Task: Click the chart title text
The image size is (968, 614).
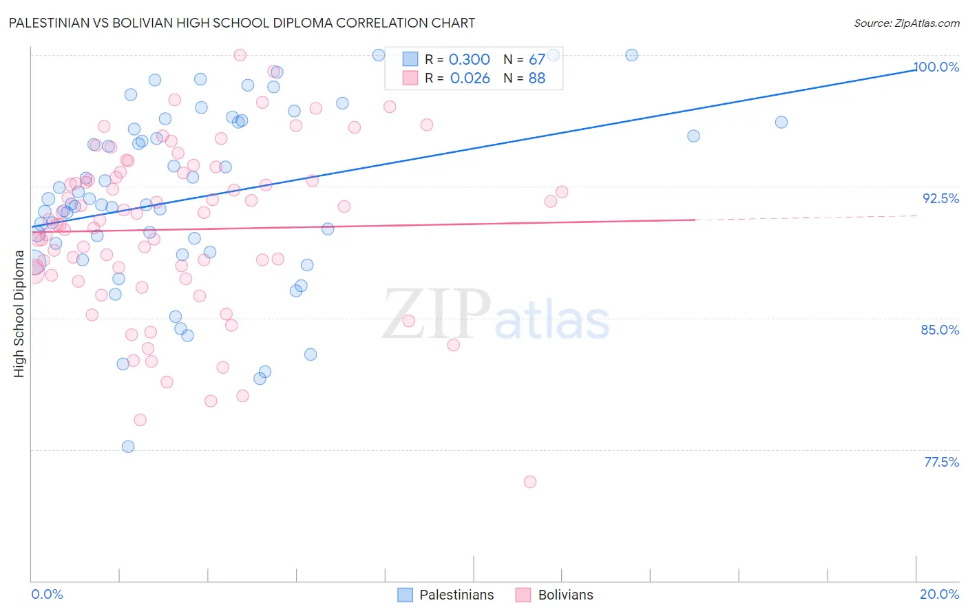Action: coord(242,23)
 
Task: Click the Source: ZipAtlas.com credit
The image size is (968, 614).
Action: coord(906,23)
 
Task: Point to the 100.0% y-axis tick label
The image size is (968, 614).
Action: coord(936,67)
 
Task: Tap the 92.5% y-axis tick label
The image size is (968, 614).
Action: coord(940,198)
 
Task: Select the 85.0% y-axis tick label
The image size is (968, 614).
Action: coord(940,330)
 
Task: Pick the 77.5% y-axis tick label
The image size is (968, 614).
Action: coord(941,462)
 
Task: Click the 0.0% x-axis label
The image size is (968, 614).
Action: coord(47,594)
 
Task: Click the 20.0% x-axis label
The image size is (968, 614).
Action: coord(939,594)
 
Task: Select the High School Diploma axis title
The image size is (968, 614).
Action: coord(19,314)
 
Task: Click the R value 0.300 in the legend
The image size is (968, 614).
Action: coord(470,60)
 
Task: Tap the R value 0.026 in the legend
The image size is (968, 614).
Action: coord(470,78)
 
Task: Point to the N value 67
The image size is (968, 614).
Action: coord(537,60)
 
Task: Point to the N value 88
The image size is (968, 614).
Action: coord(537,78)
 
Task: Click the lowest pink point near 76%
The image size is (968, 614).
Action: coord(530,482)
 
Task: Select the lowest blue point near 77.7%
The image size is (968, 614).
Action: coord(128,447)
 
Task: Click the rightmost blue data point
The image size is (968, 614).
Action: coord(781,123)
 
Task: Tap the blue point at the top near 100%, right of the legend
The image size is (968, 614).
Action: coord(631,55)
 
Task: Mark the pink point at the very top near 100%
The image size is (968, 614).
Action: coord(240,55)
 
